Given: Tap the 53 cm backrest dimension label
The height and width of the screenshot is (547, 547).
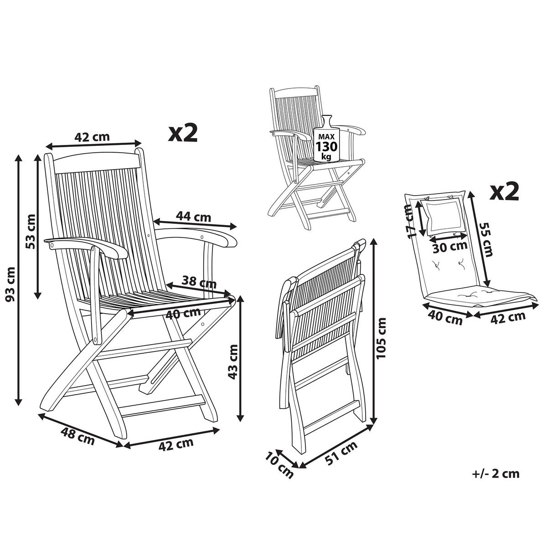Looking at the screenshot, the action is pyautogui.click(x=31, y=232).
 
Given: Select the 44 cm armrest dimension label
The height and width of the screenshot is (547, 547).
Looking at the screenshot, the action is pyautogui.click(x=193, y=217).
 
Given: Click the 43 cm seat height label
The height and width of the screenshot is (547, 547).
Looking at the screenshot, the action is pyautogui.click(x=233, y=362).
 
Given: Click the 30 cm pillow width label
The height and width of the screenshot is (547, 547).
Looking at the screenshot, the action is pyautogui.click(x=450, y=247).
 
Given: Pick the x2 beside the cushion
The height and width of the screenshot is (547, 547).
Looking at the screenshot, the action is pyautogui.click(x=504, y=192).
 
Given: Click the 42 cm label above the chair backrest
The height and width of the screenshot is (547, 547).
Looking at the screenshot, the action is pyautogui.click(x=92, y=137).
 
